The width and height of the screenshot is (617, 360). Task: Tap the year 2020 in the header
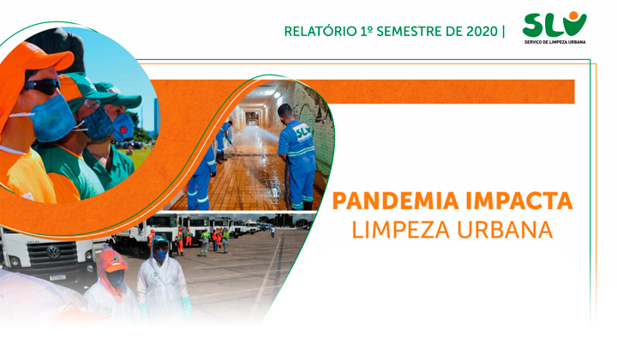click(x=482, y=32)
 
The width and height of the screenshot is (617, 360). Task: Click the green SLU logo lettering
click(x=554, y=26)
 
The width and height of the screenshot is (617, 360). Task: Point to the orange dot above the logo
click(x=573, y=15)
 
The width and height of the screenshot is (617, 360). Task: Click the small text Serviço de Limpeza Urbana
click(x=554, y=42)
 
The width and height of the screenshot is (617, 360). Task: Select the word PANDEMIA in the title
click(x=395, y=201)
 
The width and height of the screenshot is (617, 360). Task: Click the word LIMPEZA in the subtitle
click(x=401, y=230)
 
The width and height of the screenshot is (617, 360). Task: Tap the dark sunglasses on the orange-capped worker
click(x=42, y=87)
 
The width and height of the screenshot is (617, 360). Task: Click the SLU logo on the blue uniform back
click(x=303, y=132)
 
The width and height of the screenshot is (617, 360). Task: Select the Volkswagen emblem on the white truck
click(x=53, y=251)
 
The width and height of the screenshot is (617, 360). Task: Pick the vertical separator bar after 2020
click(x=504, y=32)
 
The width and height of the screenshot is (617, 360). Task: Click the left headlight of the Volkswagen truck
click(x=14, y=261)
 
